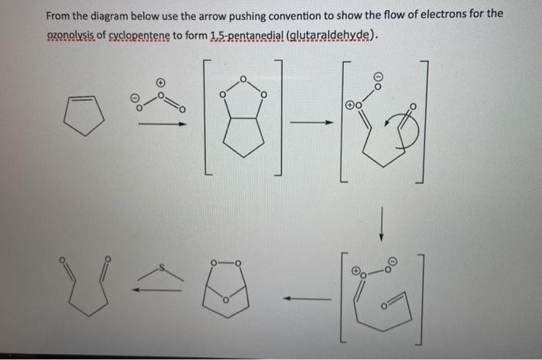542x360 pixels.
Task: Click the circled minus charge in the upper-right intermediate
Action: pyautogui.click(x=379, y=77)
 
